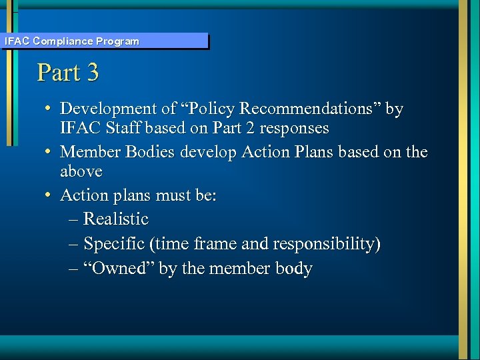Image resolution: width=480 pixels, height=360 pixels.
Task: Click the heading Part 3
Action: click(68, 72)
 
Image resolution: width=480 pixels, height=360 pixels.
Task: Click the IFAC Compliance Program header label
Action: click(72, 41)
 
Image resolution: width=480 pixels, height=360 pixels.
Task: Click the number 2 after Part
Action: click(264, 127)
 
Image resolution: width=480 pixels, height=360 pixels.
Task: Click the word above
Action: click(81, 171)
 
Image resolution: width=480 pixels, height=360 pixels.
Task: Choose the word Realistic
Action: click(116, 219)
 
